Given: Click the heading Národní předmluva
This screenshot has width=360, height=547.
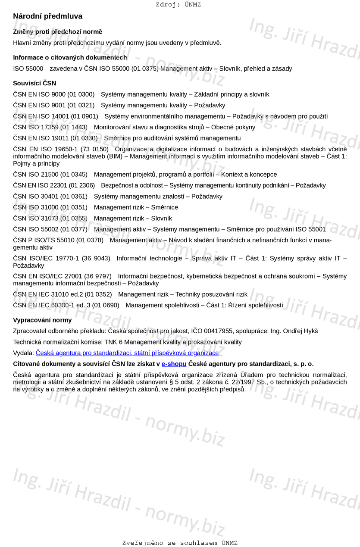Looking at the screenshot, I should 47,16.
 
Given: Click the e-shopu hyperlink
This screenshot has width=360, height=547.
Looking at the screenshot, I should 174,364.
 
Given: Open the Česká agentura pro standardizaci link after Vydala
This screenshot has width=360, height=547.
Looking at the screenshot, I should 127,353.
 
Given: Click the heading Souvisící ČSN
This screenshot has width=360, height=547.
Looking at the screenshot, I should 34,83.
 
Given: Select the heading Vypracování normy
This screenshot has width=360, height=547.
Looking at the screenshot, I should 42,320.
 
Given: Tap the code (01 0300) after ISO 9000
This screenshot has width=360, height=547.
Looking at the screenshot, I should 81,94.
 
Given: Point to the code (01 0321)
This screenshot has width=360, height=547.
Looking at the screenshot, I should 81,105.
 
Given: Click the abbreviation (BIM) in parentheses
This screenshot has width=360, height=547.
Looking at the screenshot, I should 115,156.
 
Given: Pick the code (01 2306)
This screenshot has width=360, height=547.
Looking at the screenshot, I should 81,185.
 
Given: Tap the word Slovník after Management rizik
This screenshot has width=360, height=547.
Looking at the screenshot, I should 161,219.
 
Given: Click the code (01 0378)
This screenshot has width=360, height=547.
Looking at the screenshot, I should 89,240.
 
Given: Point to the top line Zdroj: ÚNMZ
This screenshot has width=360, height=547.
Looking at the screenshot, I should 178,5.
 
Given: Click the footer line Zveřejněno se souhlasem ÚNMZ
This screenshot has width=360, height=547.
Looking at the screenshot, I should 180,543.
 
